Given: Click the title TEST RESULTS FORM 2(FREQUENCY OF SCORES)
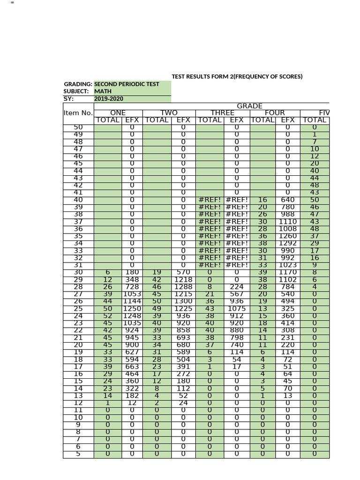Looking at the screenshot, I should pos(237,76).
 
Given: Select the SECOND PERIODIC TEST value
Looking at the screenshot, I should pos(127,84).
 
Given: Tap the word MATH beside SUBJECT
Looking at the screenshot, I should pos(103,91).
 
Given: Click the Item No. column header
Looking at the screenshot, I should pos(78,113).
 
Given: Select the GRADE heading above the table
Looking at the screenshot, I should pos(249,106).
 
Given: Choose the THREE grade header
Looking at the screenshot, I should pos(222,113).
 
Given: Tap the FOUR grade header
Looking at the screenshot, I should pos(275,113).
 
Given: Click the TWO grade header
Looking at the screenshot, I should pos(169,113).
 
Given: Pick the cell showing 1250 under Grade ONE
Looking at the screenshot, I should pos(132,310).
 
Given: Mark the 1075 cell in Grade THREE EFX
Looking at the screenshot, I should pos(236,310).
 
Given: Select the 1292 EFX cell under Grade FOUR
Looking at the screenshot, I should pos(287,243).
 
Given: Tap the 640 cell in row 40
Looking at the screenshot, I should pos(287,199).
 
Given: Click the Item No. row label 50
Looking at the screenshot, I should pos(78,127).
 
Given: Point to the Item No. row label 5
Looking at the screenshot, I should pos(78,454).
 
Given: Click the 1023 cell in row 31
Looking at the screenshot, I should pos(287,265).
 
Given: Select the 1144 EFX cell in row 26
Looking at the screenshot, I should pos(132,302).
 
